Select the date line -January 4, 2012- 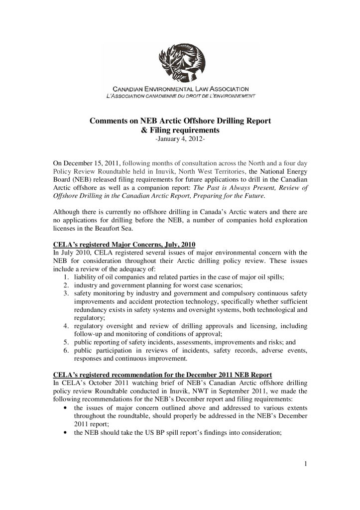click(180, 139)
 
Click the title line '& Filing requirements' click(180, 130)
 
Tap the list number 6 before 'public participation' click(66, 350)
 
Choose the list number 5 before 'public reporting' click(66, 342)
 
